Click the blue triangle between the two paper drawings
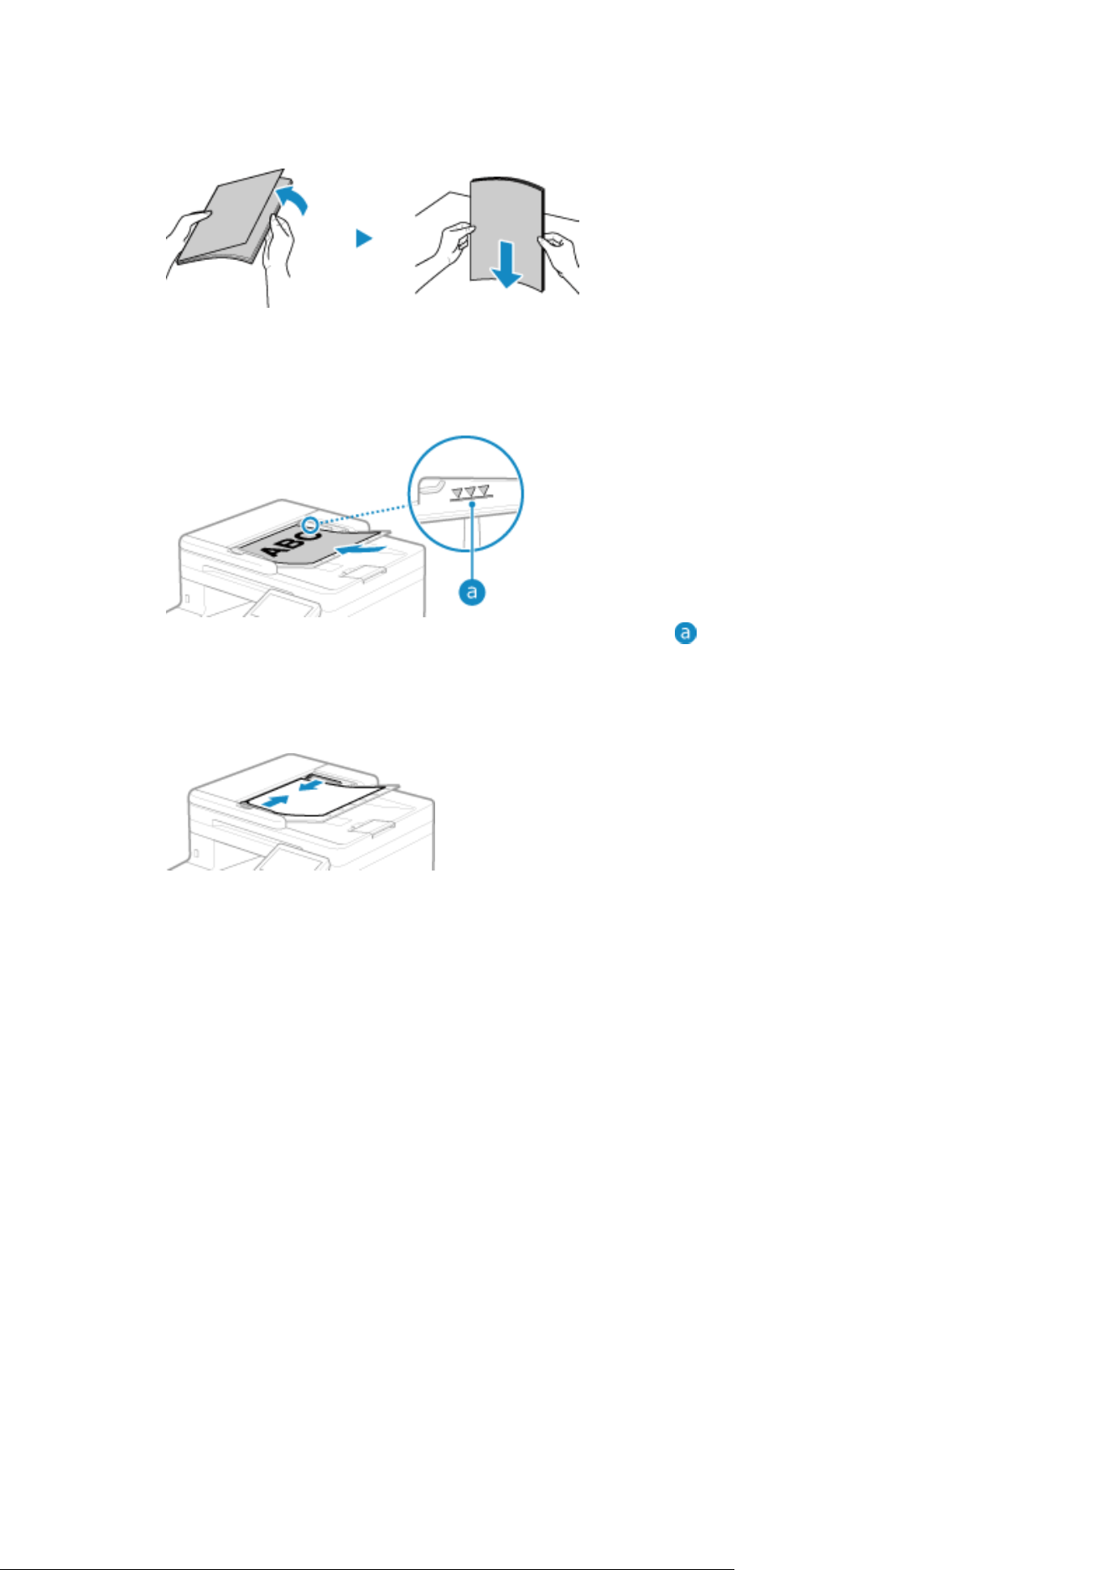click(363, 238)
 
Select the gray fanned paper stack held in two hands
click(230, 217)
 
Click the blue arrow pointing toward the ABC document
click(361, 548)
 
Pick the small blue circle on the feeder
click(310, 525)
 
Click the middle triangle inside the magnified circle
click(470, 491)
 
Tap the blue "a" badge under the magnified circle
click(472, 591)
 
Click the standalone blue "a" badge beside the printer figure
click(686, 633)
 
